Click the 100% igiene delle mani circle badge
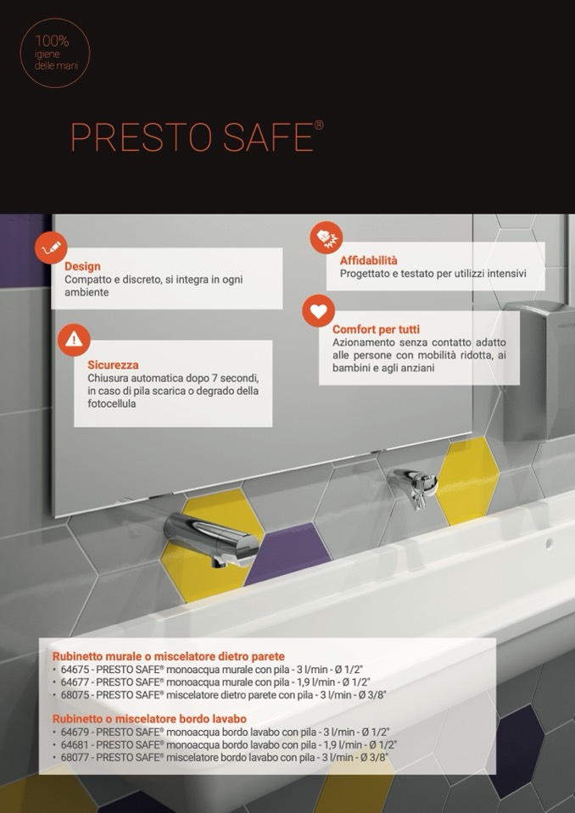55,53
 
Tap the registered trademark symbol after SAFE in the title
320,125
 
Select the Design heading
82,266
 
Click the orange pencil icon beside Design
52,249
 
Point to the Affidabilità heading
369,261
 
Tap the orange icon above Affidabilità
327,237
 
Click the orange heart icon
318,311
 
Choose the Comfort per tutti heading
376,329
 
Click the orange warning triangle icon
74,340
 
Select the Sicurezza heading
113,365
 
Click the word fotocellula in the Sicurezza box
111,404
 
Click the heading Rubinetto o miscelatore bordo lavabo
149,719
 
